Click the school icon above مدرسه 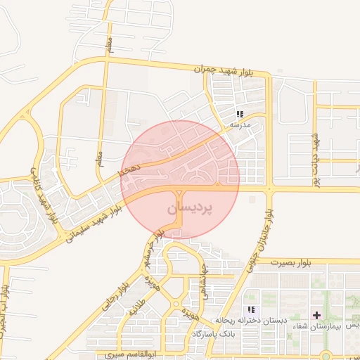coord(240,114)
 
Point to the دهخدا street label coord(130,169)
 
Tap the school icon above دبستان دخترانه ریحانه coord(251,309)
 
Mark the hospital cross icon coord(316,314)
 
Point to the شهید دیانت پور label coord(316,159)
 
